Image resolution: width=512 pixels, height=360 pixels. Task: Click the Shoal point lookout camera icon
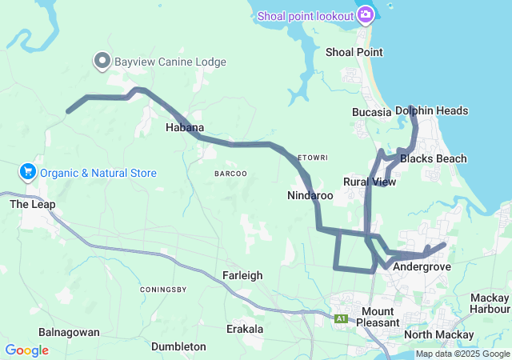[366, 14]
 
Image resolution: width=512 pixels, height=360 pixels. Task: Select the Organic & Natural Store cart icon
[28, 172]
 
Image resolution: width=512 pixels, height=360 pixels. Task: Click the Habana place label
[185, 127]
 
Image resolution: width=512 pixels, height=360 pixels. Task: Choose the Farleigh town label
[242, 275]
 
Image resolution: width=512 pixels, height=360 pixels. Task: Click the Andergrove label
[422, 266]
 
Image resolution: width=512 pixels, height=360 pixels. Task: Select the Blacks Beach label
[434, 158]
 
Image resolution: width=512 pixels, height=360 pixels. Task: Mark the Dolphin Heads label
[432, 110]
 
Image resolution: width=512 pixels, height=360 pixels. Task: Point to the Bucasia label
[371, 112]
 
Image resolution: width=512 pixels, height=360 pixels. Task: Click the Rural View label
[370, 182]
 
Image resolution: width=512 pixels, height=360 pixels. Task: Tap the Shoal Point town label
[354, 52]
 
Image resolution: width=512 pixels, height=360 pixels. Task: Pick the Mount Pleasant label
[377, 317]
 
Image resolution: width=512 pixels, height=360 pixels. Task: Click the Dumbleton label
[178, 346]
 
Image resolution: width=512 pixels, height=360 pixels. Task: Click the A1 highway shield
[342, 318]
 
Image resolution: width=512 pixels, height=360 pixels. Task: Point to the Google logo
[26, 350]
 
